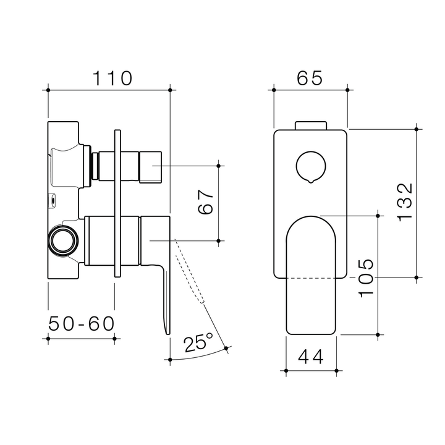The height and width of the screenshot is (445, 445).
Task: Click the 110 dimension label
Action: coord(112,78)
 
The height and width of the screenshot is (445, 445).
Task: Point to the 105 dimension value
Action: coord(366,278)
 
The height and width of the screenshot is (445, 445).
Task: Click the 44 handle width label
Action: coord(311,356)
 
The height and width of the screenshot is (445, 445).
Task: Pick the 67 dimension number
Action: coord(206,201)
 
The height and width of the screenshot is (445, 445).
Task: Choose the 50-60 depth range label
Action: coord(81,323)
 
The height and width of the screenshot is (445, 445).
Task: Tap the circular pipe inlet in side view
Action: coord(63,239)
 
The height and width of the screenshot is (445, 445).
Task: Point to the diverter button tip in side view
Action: coord(151,167)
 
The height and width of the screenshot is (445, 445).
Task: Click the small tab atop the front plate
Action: coord(311,125)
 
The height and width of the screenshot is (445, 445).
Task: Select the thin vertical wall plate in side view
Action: coord(118,204)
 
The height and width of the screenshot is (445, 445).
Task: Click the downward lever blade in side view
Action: coord(165,297)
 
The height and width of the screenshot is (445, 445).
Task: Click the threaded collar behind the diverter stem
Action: coord(95,167)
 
